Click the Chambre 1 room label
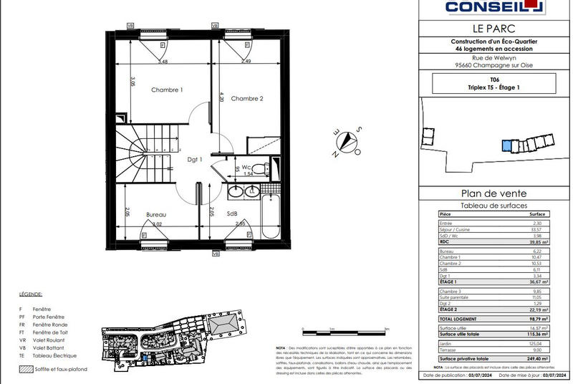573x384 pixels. (166, 90)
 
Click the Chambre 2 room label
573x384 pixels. (247, 99)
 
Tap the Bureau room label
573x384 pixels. (156, 214)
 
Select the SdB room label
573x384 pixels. (233, 214)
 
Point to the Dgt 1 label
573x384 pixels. (196, 159)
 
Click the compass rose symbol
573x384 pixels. (349, 139)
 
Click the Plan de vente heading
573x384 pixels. (493, 193)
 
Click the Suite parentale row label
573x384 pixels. (456, 299)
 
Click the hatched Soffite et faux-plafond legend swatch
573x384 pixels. (26, 370)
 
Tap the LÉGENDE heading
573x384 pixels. (31, 294)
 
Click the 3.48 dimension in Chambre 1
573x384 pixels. (163, 62)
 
